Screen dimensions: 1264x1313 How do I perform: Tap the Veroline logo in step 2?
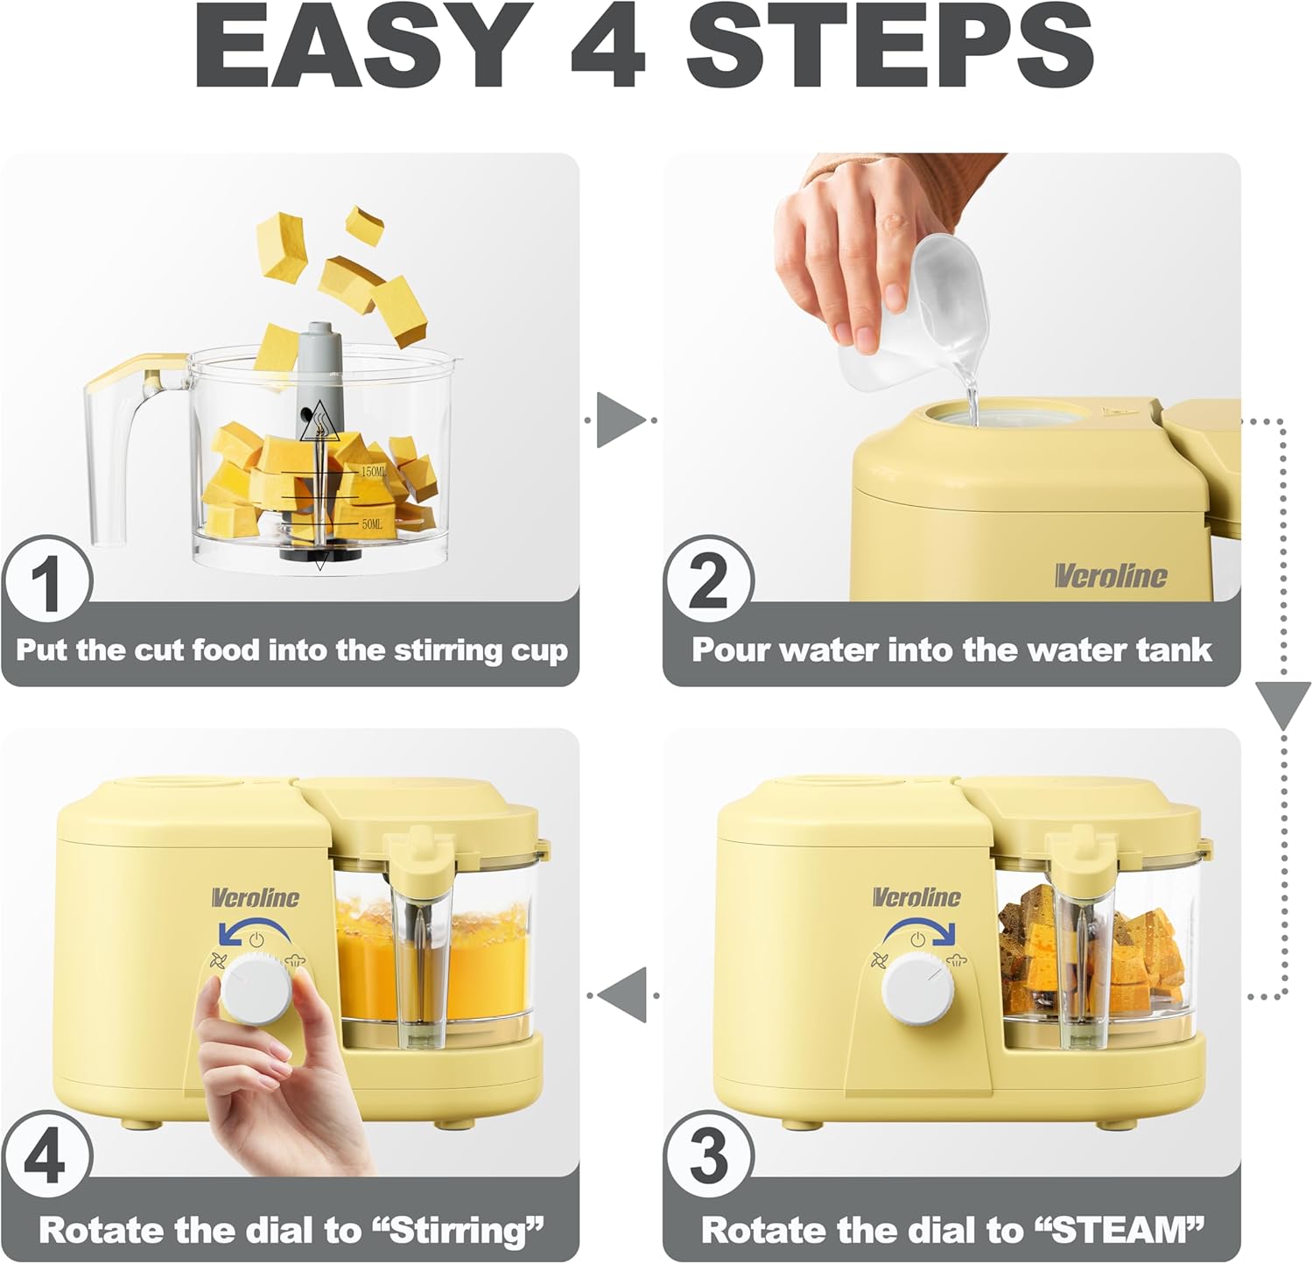tap(1110, 575)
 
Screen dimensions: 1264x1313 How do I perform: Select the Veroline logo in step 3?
tap(916, 897)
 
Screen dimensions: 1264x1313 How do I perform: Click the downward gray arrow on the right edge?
tap(1283, 705)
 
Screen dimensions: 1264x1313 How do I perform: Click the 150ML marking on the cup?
tap(373, 472)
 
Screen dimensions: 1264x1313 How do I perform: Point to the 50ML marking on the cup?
tap(372, 523)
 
